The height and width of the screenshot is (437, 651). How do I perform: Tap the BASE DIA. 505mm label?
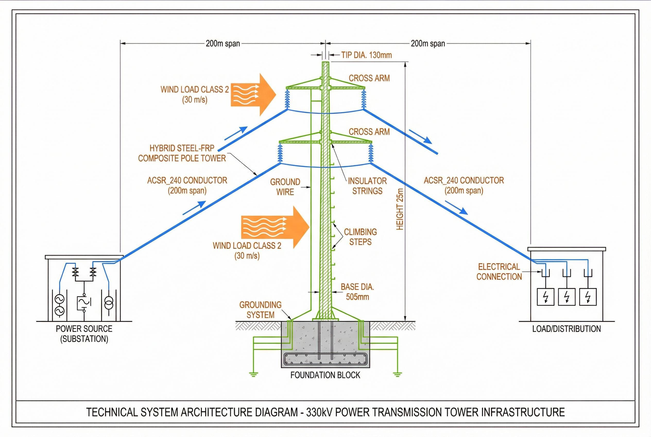click(357, 292)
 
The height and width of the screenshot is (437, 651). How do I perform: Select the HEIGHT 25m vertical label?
click(400, 209)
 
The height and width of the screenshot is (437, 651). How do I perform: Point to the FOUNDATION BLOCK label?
click(325, 375)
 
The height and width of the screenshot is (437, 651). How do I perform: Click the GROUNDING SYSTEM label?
click(260, 310)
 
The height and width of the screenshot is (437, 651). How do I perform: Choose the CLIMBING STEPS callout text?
click(360, 237)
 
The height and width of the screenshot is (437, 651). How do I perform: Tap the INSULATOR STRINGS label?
click(367, 186)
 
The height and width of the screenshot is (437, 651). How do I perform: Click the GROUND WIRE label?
click(285, 187)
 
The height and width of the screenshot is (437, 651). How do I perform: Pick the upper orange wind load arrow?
click(253, 95)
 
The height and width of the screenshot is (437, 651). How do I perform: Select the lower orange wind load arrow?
click(275, 228)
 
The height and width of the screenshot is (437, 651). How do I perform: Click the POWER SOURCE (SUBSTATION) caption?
click(84, 334)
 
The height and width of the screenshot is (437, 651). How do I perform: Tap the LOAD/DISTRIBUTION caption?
click(566, 329)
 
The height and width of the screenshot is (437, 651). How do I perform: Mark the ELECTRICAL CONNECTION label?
click(499, 272)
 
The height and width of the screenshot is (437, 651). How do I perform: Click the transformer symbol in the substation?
click(109, 302)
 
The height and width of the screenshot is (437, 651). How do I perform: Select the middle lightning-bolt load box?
click(567, 297)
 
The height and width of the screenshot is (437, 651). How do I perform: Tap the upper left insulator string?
click(287, 98)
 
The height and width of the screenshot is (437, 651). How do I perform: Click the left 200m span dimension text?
click(222, 44)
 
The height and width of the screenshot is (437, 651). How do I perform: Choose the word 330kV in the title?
click(320, 412)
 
